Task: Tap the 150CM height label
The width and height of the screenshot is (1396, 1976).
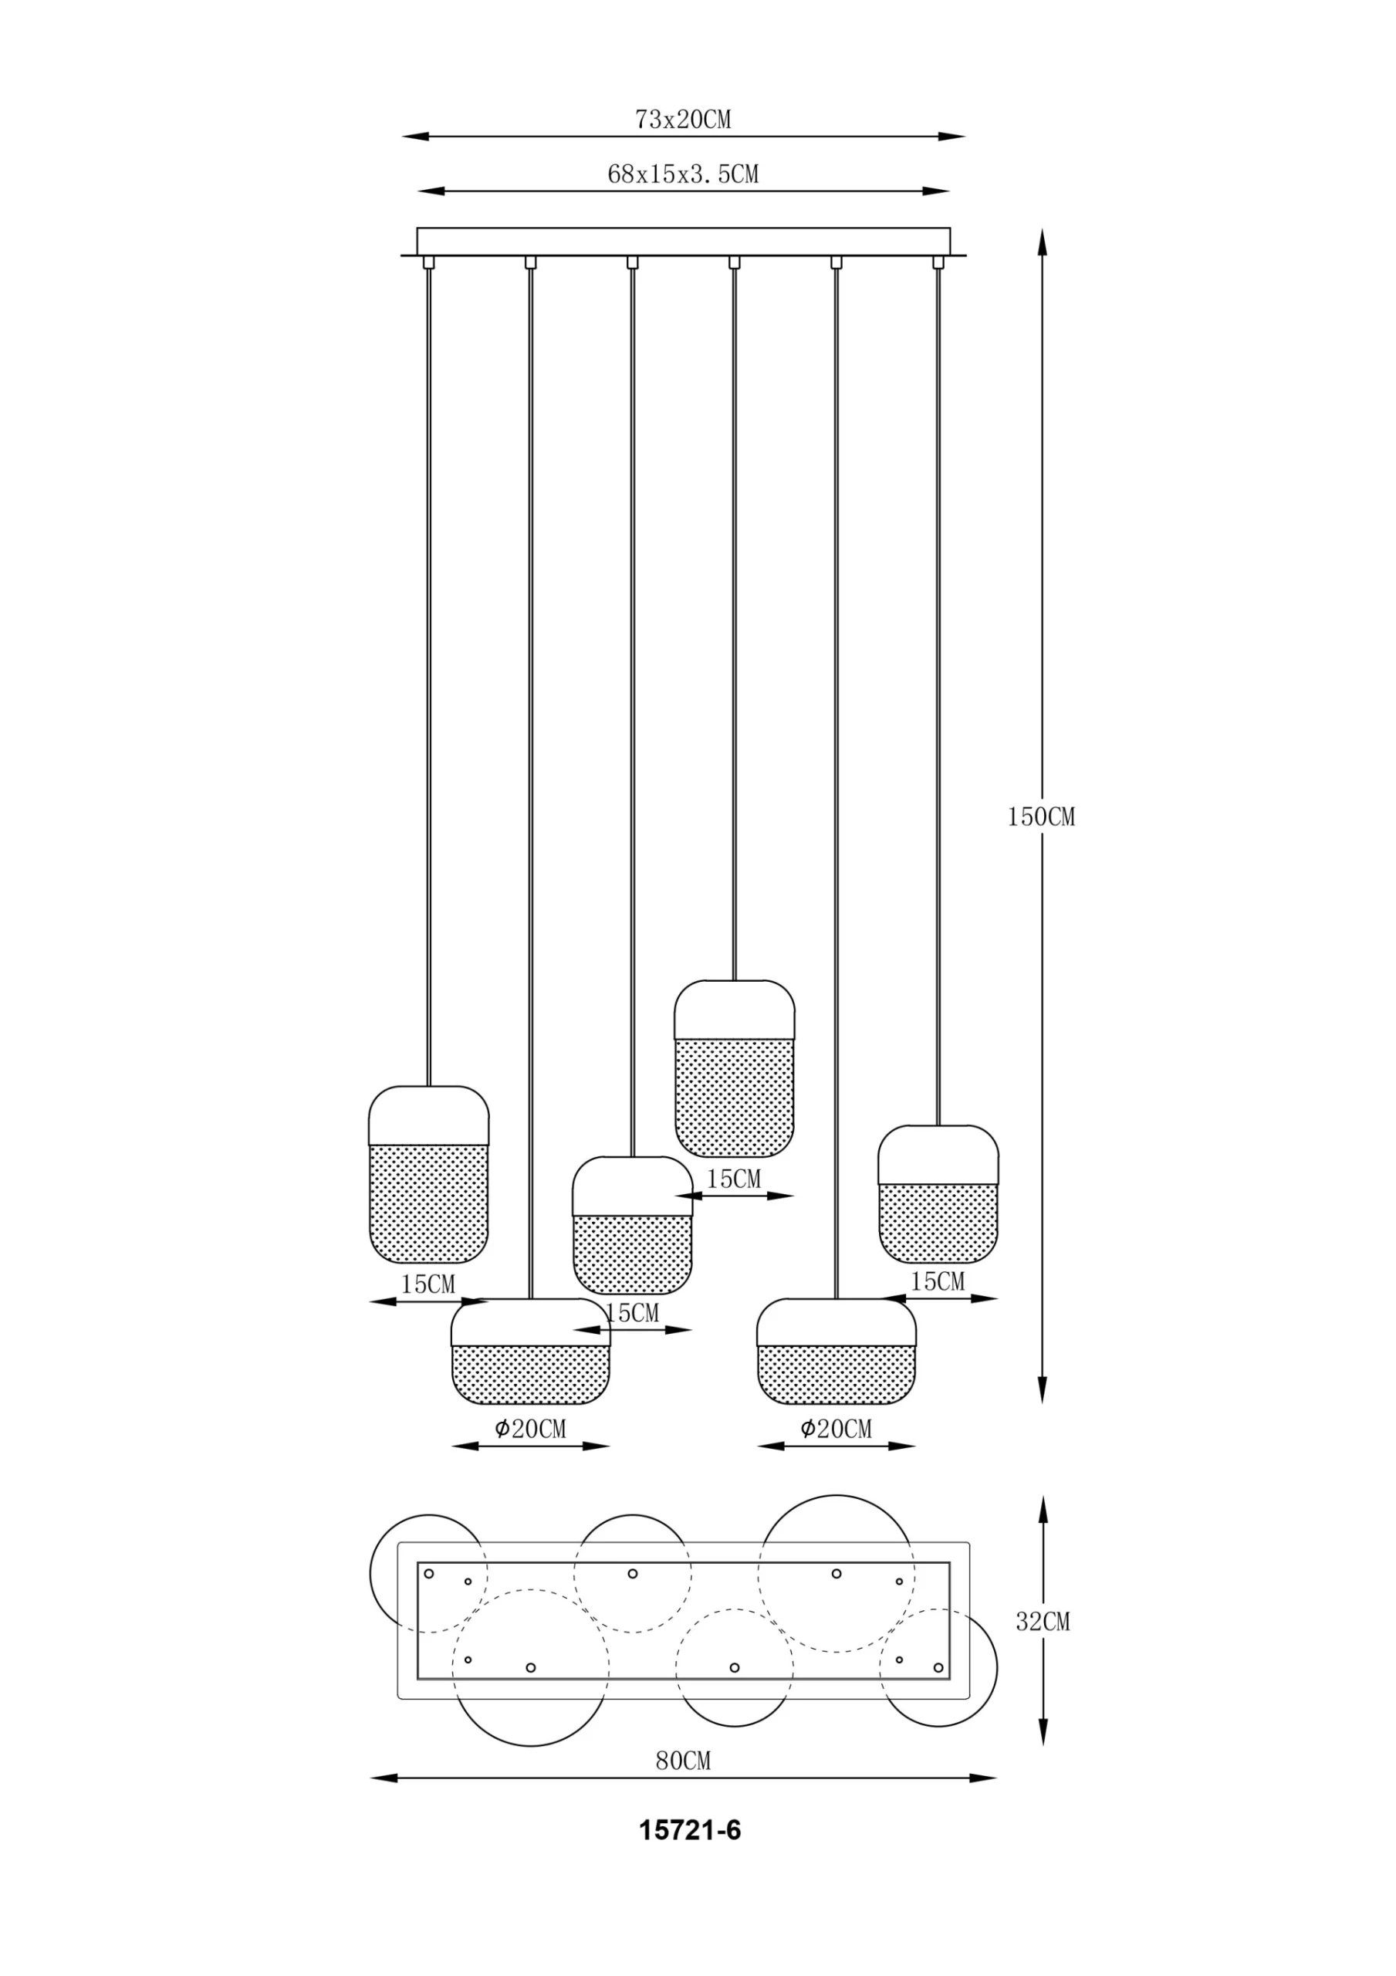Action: click(1042, 817)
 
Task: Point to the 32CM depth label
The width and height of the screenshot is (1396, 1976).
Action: click(1043, 1622)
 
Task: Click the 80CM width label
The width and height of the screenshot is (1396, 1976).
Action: click(684, 1761)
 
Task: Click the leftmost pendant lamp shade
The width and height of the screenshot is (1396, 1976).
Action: click(428, 1175)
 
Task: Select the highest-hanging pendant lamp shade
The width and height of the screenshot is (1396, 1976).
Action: click(734, 1068)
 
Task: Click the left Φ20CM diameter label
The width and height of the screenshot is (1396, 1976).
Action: click(530, 1430)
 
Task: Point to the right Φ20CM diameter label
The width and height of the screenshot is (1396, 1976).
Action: click(836, 1430)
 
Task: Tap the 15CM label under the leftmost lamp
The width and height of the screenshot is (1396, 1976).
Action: click(428, 1284)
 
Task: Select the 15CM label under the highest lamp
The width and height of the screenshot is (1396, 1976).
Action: click(733, 1179)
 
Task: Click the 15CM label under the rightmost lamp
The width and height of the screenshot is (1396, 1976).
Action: click(938, 1281)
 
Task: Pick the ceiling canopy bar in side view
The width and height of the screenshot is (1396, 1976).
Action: click(684, 241)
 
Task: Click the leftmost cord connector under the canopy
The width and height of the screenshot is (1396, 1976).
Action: click(428, 262)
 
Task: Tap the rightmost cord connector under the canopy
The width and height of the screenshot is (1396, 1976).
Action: click(938, 262)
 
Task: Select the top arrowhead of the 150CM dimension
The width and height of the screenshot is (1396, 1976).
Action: click(1043, 242)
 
